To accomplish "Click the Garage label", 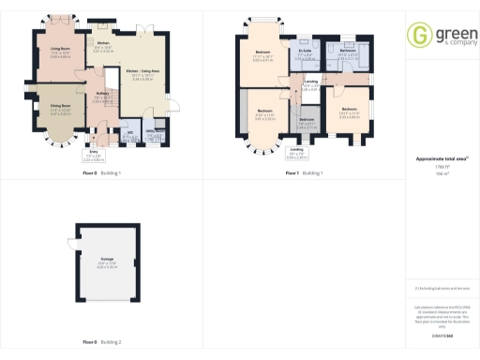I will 104,262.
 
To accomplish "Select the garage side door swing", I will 72,241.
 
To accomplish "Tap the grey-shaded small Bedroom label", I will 307,120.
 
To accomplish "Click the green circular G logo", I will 419,35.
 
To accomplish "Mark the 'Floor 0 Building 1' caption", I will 102,173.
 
